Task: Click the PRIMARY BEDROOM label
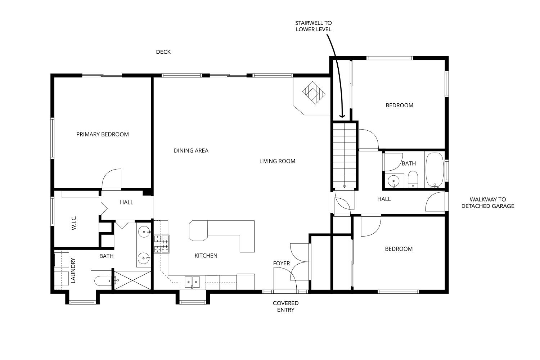102,134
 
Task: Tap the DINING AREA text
191,150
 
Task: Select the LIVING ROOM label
277,161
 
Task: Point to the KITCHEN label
206,256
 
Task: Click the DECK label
163,52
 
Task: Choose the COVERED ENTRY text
285,306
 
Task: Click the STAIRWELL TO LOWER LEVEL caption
313,26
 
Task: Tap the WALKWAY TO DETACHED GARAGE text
487,203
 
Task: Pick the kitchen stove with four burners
162,244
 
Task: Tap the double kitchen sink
192,282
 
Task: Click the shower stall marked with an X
132,280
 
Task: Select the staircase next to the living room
345,155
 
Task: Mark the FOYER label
281,264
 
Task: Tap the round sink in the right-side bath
393,181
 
